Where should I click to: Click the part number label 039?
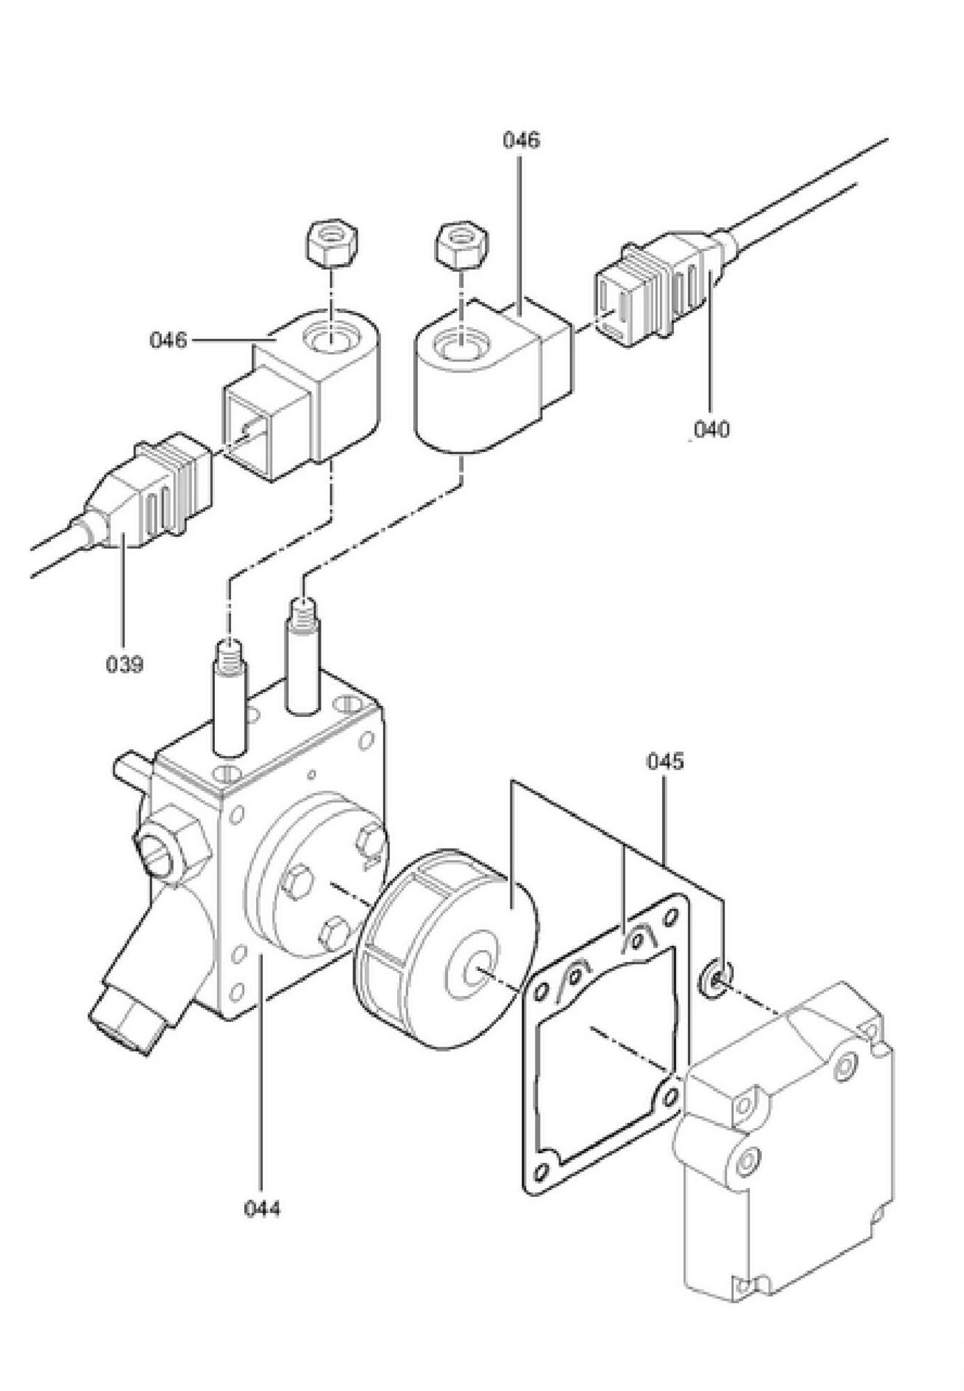(x=124, y=664)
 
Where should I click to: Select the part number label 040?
(x=711, y=429)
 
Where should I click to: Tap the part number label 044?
(x=262, y=1209)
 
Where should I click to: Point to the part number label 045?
(x=665, y=761)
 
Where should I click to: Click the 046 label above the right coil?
(x=521, y=140)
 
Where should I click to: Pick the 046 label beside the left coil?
(x=168, y=340)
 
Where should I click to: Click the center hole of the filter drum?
(x=479, y=968)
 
